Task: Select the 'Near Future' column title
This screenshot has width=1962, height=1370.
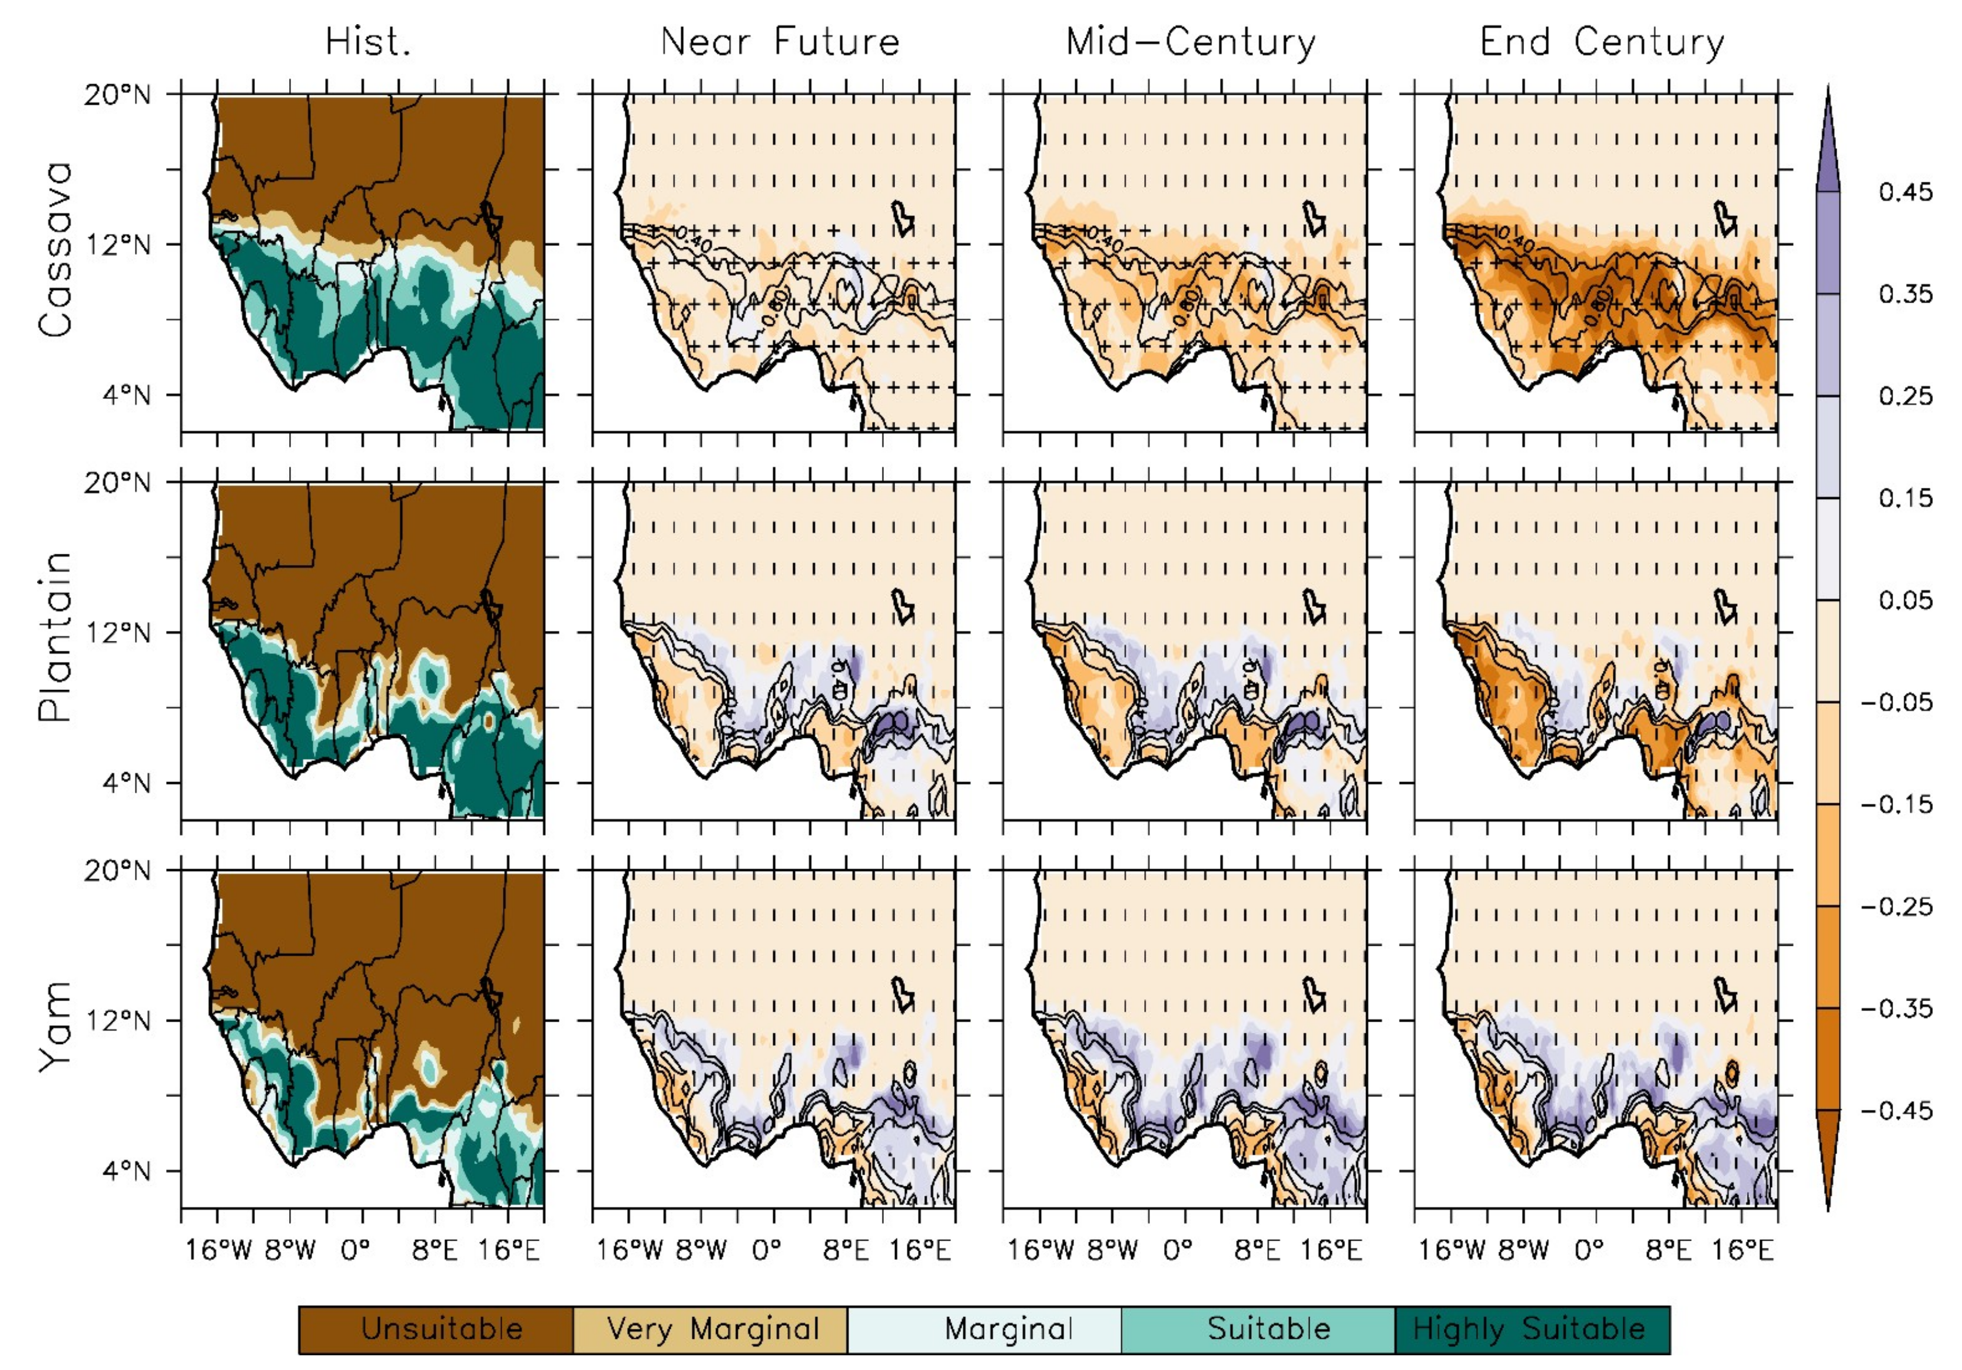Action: point(780,42)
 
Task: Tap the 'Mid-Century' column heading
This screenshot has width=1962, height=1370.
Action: point(1191,42)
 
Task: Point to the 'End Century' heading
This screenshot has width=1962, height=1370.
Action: point(1602,42)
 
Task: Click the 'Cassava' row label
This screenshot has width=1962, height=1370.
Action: point(55,250)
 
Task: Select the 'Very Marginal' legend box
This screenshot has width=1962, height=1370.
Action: point(710,1329)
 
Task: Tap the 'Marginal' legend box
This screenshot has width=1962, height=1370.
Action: point(985,1329)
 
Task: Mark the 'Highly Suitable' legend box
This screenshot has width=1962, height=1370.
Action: point(1532,1329)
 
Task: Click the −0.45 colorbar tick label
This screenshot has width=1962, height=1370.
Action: point(1896,1111)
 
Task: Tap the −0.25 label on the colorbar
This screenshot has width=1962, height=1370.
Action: point(1896,906)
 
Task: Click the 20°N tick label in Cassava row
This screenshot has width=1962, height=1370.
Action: point(117,94)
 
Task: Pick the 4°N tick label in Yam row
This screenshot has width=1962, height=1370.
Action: point(125,1171)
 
